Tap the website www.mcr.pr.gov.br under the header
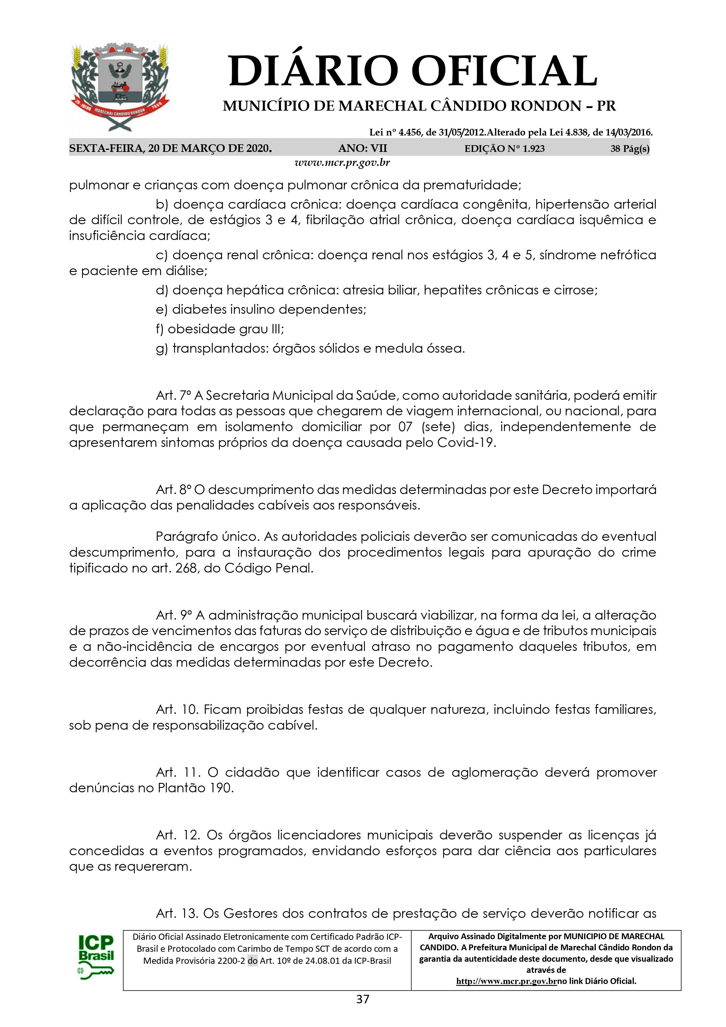point(342,163)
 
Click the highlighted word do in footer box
point(252,960)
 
